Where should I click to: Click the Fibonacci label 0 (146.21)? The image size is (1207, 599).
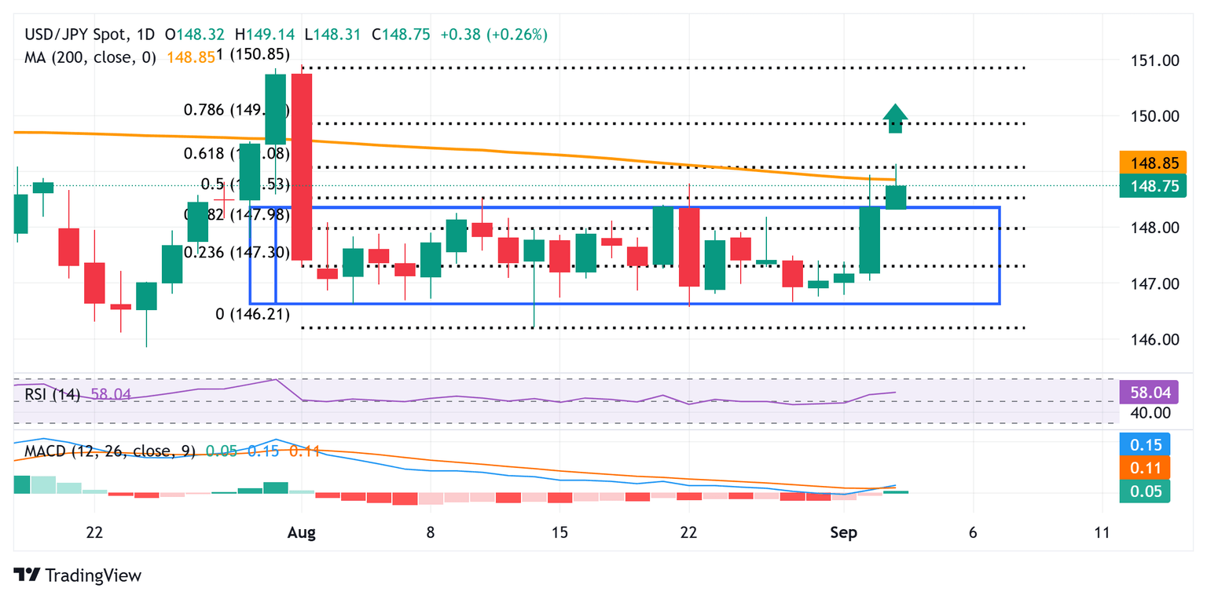click(252, 315)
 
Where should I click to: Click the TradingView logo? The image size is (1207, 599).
click(78, 575)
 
